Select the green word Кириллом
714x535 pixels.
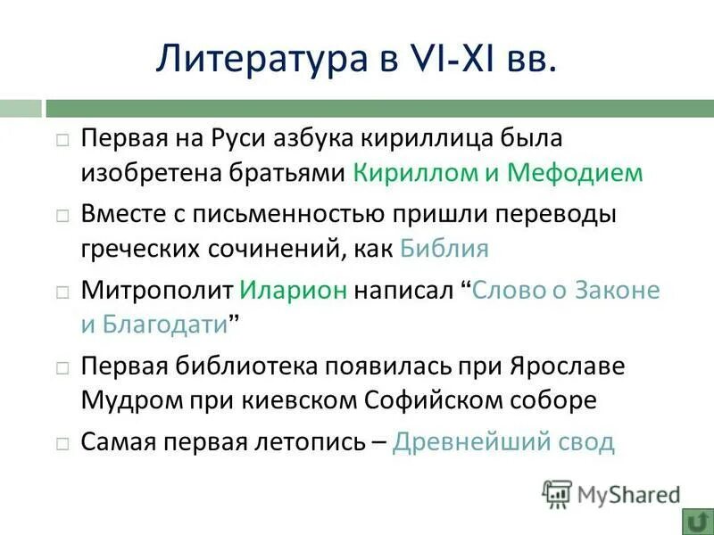[x=407, y=172]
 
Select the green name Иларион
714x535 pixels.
[x=293, y=291]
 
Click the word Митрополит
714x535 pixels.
[x=157, y=291]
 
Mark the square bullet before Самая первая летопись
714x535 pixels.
[x=62, y=443]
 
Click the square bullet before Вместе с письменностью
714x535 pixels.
[x=62, y=216]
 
